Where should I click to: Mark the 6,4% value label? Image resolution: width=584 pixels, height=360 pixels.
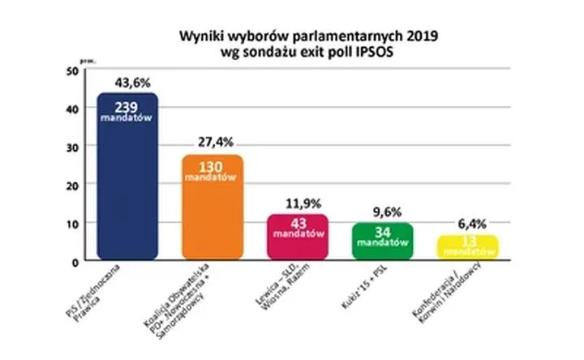(469, 222)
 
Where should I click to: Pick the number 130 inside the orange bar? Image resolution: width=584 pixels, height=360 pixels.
(212, 166)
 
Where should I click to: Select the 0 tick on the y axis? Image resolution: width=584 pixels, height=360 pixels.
(74, 261)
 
